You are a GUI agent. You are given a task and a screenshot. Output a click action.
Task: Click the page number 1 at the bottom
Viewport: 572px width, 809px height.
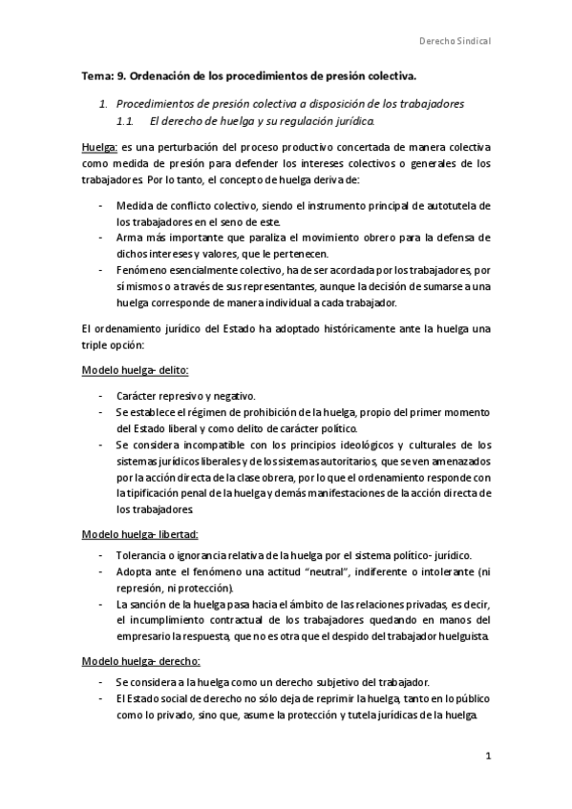click(488, 757)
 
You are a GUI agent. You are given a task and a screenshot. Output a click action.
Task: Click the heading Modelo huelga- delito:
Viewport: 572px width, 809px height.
click(135, 370)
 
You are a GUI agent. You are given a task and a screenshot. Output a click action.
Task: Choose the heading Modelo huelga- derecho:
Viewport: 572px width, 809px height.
click(140, 661)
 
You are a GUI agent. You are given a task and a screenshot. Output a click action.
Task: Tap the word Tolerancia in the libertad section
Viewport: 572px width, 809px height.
click(145, 555)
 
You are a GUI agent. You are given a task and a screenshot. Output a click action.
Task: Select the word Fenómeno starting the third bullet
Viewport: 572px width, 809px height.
click(145, 271)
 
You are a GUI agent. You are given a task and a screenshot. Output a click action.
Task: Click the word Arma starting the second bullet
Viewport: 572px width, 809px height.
click(131, 237)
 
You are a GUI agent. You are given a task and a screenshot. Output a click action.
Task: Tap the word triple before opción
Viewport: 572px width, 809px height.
click(96, 345)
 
